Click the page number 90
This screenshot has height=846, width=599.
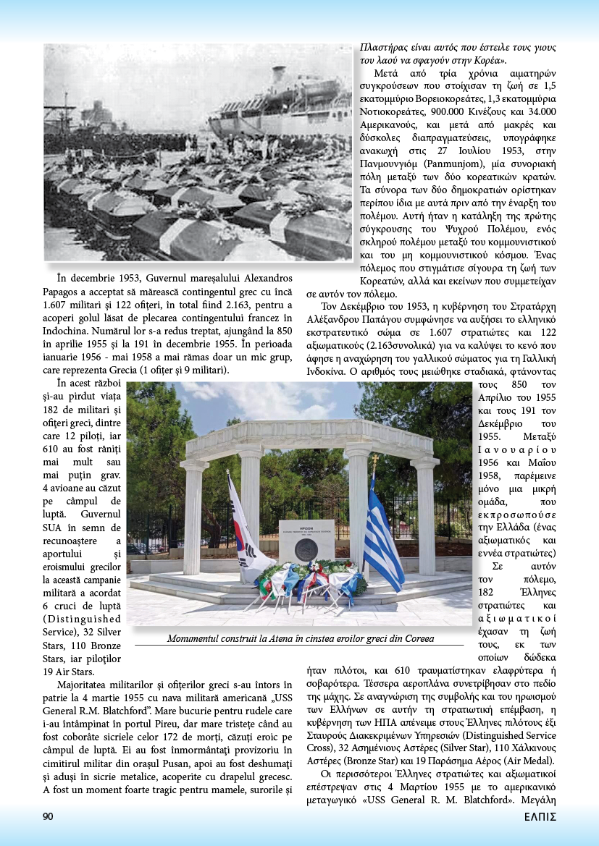coord(48,816)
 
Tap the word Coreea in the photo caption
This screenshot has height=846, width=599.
coord(415,639)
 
